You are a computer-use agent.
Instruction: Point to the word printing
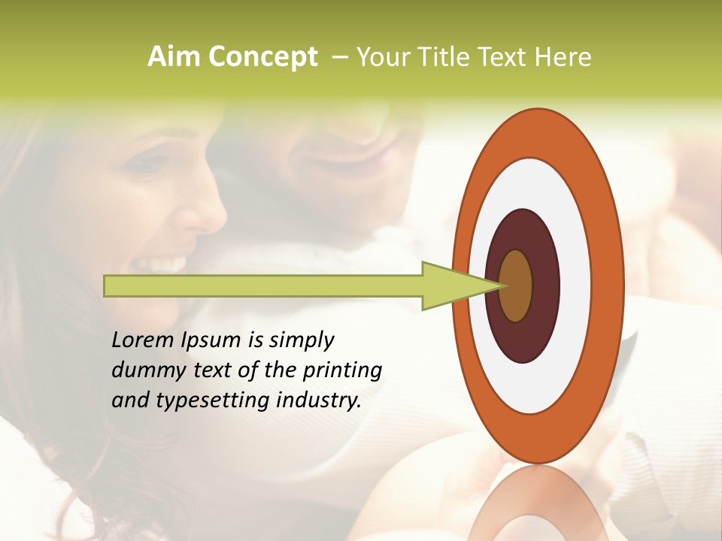click(342, 371)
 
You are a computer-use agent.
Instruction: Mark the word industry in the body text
click(319, 400)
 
